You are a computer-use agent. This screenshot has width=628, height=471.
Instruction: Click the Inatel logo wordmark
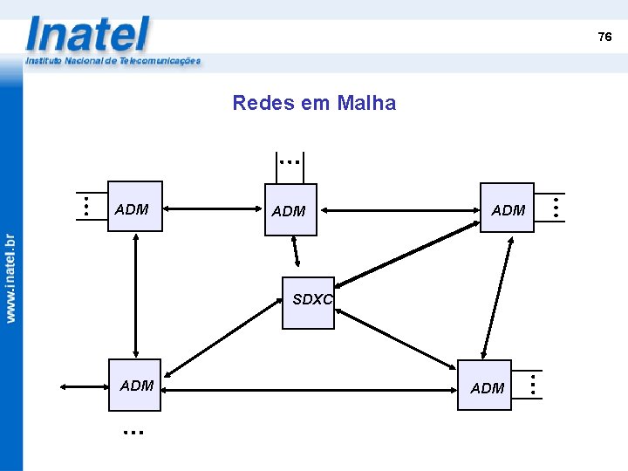click(x=88, y=35)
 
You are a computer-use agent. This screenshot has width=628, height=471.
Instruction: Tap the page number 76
click(x=604, y=37)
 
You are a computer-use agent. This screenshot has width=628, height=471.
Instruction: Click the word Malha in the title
click(x=365, y=103)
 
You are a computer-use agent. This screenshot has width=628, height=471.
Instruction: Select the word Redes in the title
click(x=254, y=103)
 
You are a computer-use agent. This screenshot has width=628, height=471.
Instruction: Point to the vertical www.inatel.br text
click(x=10, y=278)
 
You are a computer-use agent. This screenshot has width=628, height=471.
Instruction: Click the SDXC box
click(x=308, y=303)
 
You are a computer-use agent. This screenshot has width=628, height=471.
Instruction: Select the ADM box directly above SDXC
click(x=290, y=210)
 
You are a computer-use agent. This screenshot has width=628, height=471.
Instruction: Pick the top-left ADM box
click(x=134, y=207)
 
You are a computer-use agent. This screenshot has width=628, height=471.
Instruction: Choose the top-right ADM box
click(x=507, y=208)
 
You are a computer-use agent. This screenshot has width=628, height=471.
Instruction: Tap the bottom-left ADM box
click(x=134, y=385)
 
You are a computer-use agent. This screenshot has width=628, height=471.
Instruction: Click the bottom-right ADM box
click(x=485, y=385)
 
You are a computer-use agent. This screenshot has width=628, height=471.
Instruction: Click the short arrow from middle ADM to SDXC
click(x=296, y=251)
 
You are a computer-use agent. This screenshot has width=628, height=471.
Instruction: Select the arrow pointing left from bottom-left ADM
click(x=85, y=386)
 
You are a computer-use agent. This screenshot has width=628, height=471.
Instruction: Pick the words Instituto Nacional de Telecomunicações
click(x=113, y=61)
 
